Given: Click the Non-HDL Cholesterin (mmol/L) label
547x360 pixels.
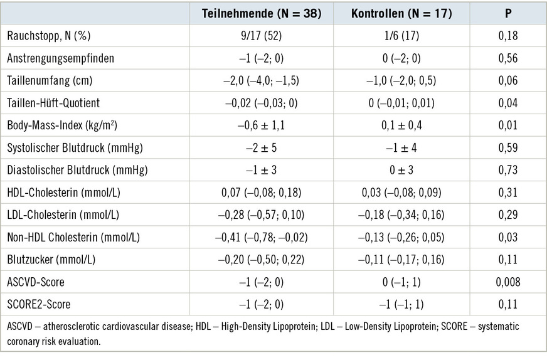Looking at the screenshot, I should pos(73,237).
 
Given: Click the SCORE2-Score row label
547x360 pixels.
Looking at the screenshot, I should pos(39,304).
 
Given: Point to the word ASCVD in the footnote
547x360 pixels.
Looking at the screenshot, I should pos(21,327).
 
